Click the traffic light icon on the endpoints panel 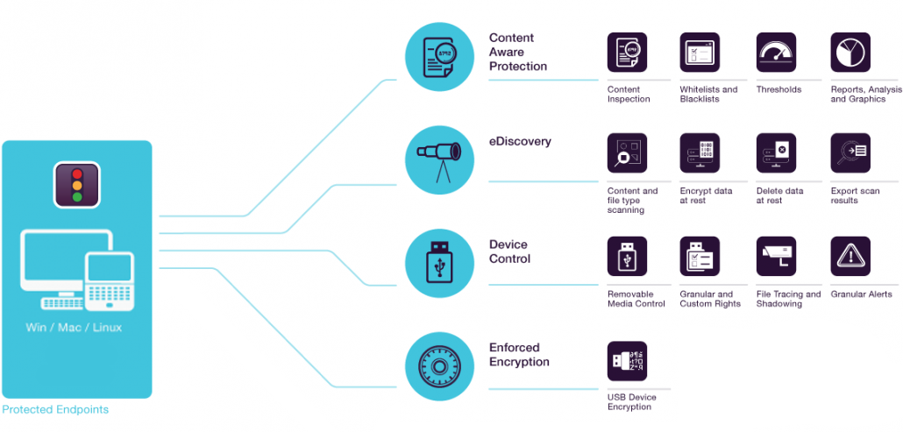point(77,185)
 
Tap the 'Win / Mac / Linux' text point(75,328)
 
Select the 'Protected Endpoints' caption point(55,410)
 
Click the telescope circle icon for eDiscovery point(439,159)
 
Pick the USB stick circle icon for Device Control point(439,263)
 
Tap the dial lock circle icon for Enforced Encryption point(439,366)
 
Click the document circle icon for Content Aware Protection point(439,57)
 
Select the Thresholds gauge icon point(776,53)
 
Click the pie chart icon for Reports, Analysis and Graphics point(850,53)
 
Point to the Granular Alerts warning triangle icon point(850,256)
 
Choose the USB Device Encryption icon point(627,361)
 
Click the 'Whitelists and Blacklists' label point(708,95)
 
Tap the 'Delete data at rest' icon point(776,153)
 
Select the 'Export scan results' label point(855,195)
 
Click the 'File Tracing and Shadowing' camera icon point(776,256)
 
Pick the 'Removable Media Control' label point(636,299)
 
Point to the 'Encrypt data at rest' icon point(700,153)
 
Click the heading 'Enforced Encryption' point(519,355)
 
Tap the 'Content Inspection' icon point(627,53)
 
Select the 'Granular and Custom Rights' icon point(700,256)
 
